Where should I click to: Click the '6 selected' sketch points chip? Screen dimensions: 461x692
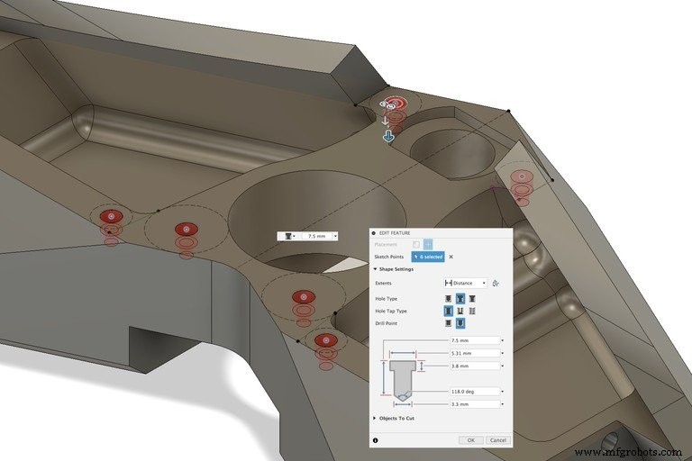428,257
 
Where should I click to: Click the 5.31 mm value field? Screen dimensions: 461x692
474,354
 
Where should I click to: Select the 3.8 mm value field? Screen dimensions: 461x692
474,366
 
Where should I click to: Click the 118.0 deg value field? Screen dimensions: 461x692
474,392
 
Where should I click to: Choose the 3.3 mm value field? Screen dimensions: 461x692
474,404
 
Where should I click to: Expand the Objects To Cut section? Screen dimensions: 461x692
396,419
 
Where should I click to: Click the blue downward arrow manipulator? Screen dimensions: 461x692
388,137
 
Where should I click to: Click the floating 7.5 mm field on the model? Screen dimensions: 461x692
316,236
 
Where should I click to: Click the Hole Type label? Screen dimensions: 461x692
387,298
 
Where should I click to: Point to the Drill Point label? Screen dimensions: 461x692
387,322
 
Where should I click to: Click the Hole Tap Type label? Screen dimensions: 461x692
390,311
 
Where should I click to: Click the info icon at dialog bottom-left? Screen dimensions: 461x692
376,440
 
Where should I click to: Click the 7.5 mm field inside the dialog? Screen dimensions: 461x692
474,341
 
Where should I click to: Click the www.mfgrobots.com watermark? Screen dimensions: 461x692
628,452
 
